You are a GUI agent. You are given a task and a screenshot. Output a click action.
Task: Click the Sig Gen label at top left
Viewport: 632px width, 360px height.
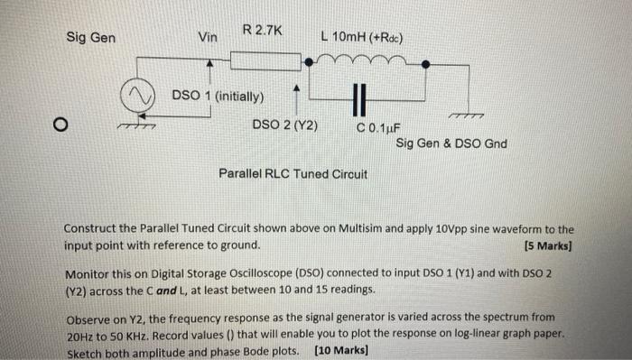pos(90,39)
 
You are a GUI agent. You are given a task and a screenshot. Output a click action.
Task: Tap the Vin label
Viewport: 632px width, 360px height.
pos(209,38)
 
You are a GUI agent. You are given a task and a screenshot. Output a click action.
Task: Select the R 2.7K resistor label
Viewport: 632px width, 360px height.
pos(263,32)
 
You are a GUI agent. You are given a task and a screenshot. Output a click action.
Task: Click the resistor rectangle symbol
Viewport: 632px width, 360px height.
pos(262,60)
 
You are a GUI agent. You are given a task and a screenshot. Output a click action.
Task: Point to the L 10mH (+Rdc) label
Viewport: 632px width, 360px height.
pos(361,38)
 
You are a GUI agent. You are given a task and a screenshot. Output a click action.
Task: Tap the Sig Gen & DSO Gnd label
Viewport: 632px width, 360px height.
pos(451,143)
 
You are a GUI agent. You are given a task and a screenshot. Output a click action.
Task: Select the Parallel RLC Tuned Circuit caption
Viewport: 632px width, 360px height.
pos(293,173)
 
